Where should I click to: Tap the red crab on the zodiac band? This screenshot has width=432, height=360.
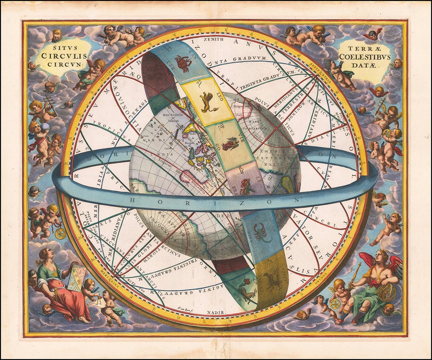click(183, 62)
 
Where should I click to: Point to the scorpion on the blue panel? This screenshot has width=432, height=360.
click(261, 232)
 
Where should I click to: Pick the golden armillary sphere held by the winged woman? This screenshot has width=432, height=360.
click(386, 292)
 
